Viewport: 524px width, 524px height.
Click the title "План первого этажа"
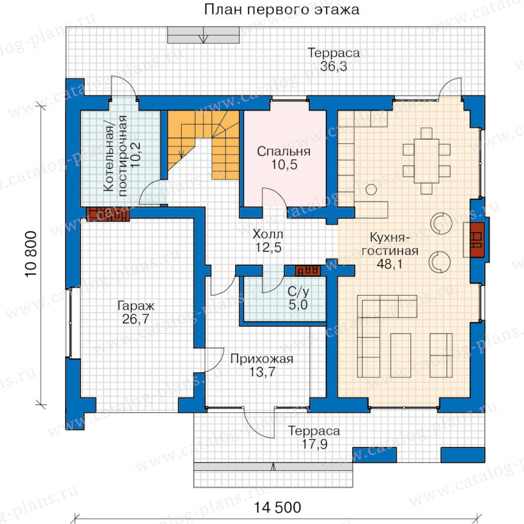[x=282, y=9]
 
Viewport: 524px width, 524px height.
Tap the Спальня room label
[x=284, y=151]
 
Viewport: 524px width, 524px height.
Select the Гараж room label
[x=136, y=306]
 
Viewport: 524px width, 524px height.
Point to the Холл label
[x=268, y=234]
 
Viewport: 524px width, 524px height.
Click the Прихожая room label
[x=262, y=359]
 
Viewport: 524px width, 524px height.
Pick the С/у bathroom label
[x=299, y=292]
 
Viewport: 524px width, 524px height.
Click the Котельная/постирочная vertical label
[x=116, y=154]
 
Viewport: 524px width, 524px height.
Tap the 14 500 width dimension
[x=278, y=507]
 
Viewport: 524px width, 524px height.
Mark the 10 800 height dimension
[x=31, y=254]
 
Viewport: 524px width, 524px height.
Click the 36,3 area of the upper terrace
[x=334, y=66]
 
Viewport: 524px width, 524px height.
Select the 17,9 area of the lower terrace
[x=315, y=444]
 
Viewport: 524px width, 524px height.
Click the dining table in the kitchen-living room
[x=426, y=161]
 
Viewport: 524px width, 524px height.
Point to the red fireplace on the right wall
[x=477, y=240]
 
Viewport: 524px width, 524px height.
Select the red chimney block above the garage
[x=108, y=214]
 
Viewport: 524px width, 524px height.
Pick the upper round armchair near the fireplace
[x=441, y=223]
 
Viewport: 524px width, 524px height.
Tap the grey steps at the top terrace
[x=204, y=35]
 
